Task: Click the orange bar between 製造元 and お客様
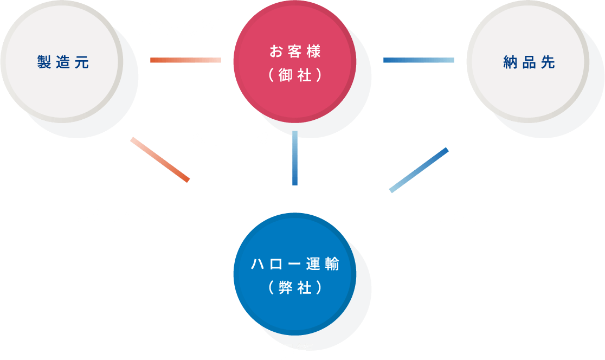pos(185,60)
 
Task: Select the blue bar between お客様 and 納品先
pos(419,60)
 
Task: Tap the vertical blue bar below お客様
pos(295,158)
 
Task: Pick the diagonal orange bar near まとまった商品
pos(160,159)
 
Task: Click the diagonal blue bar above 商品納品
pos(419,170)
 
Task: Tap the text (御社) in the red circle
pos(295,75)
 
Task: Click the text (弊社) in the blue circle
pos(295,288)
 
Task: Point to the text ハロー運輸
pos(295,265)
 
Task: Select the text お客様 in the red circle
pos(295,52)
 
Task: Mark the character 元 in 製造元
pos(81,62)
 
